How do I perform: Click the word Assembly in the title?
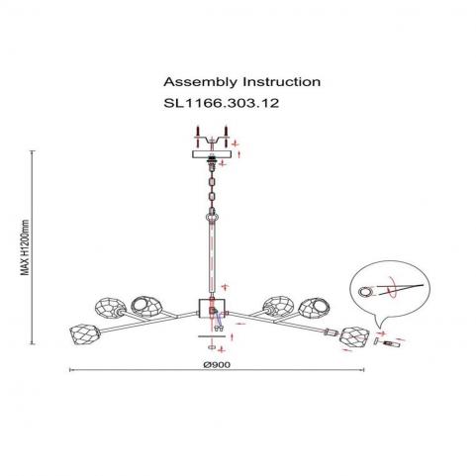point(200,82)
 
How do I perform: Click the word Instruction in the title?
point(282,81)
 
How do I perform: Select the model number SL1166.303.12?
point(222,103)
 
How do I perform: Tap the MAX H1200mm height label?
point(25,247)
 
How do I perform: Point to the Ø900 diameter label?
point(217,364)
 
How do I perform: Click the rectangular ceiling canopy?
point(212,154)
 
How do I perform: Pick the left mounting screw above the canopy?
point(197,137)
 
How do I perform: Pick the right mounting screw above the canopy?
point(226,137)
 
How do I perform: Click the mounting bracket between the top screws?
point(212,141)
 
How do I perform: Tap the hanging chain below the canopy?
point(212,187)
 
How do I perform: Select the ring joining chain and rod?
point(212,217)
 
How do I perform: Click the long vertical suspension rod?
point(212,259)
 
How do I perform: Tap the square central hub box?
point(212,309)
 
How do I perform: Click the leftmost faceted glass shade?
point(84,333)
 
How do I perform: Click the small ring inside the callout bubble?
point(365,292)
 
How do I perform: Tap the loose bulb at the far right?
point(392,343)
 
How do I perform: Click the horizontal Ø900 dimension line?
point(217,370)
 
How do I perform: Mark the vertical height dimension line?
point(33,247)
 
